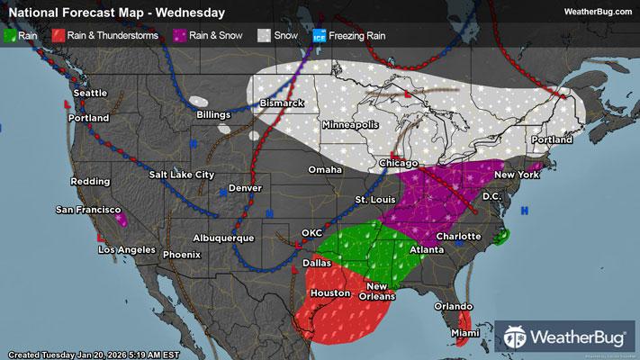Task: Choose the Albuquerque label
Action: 223,238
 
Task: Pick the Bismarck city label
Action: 283,104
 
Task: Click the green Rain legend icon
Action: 11,36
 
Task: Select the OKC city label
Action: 311,233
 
